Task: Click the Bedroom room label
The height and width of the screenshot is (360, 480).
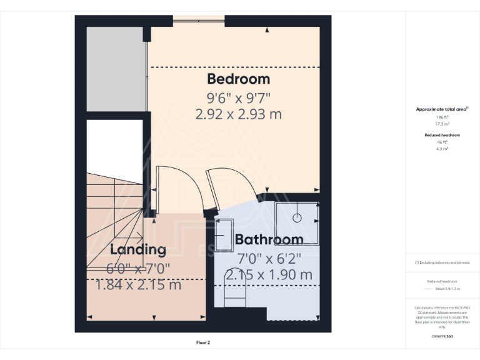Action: click(238, 79)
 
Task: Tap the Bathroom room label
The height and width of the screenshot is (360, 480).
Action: click(269, 239)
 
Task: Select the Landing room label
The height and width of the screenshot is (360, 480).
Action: click(138, 250)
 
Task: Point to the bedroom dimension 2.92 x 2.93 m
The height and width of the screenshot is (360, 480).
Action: click(238, 114)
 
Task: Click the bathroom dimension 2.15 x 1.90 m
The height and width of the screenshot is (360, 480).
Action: click(269, 274)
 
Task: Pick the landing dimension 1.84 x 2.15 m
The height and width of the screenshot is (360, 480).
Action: click(138, 285)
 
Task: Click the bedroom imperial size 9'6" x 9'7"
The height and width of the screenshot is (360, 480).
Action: click(238, 97)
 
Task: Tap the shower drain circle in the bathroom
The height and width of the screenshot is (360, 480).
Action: click(297, 217)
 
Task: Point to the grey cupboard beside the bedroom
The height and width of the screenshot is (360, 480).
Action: click(116, 69)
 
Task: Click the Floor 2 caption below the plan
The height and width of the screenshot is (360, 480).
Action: click(203, 342)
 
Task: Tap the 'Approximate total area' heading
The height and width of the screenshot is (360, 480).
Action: click(441, 109)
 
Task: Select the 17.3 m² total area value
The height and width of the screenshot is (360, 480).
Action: click(442, 124)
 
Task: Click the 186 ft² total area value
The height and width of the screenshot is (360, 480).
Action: click(442, 117)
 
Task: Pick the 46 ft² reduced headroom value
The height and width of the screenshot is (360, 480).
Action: click(442, 142)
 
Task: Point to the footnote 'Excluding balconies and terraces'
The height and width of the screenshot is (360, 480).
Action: click(442, 262)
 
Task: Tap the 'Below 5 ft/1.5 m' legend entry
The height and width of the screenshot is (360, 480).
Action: click(447, 289)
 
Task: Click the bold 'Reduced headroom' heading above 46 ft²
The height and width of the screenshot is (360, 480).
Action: click(442, 135)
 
